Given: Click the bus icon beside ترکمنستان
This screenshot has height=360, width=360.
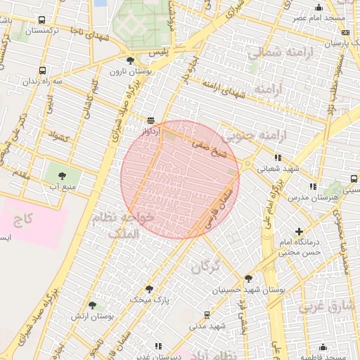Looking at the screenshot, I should (42, 21).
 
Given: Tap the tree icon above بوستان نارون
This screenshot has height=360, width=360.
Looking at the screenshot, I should (131, 61).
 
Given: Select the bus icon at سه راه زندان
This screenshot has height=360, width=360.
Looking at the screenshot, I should (43, 70).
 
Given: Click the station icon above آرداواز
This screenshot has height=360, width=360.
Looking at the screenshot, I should (150, 120).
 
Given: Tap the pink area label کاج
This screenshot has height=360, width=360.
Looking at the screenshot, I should (24, 220).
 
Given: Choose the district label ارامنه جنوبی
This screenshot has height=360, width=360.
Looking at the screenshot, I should (250, 134).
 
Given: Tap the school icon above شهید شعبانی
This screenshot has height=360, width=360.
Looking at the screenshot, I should (278, 157).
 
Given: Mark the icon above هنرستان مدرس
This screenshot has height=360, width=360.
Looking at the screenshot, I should (313, 186).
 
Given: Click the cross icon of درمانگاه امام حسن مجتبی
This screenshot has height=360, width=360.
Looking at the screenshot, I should (300, 231).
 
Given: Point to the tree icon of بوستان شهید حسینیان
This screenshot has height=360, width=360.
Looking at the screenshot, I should (247, 278).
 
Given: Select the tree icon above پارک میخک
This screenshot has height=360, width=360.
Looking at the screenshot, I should (149, 288).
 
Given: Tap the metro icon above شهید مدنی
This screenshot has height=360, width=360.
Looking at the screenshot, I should (207, 315).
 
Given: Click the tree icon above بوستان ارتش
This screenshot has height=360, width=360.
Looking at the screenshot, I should (92, 305).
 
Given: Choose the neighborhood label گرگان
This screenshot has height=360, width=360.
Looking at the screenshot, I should (205, 266).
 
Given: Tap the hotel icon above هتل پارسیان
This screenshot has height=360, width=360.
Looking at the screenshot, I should (345, 32).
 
